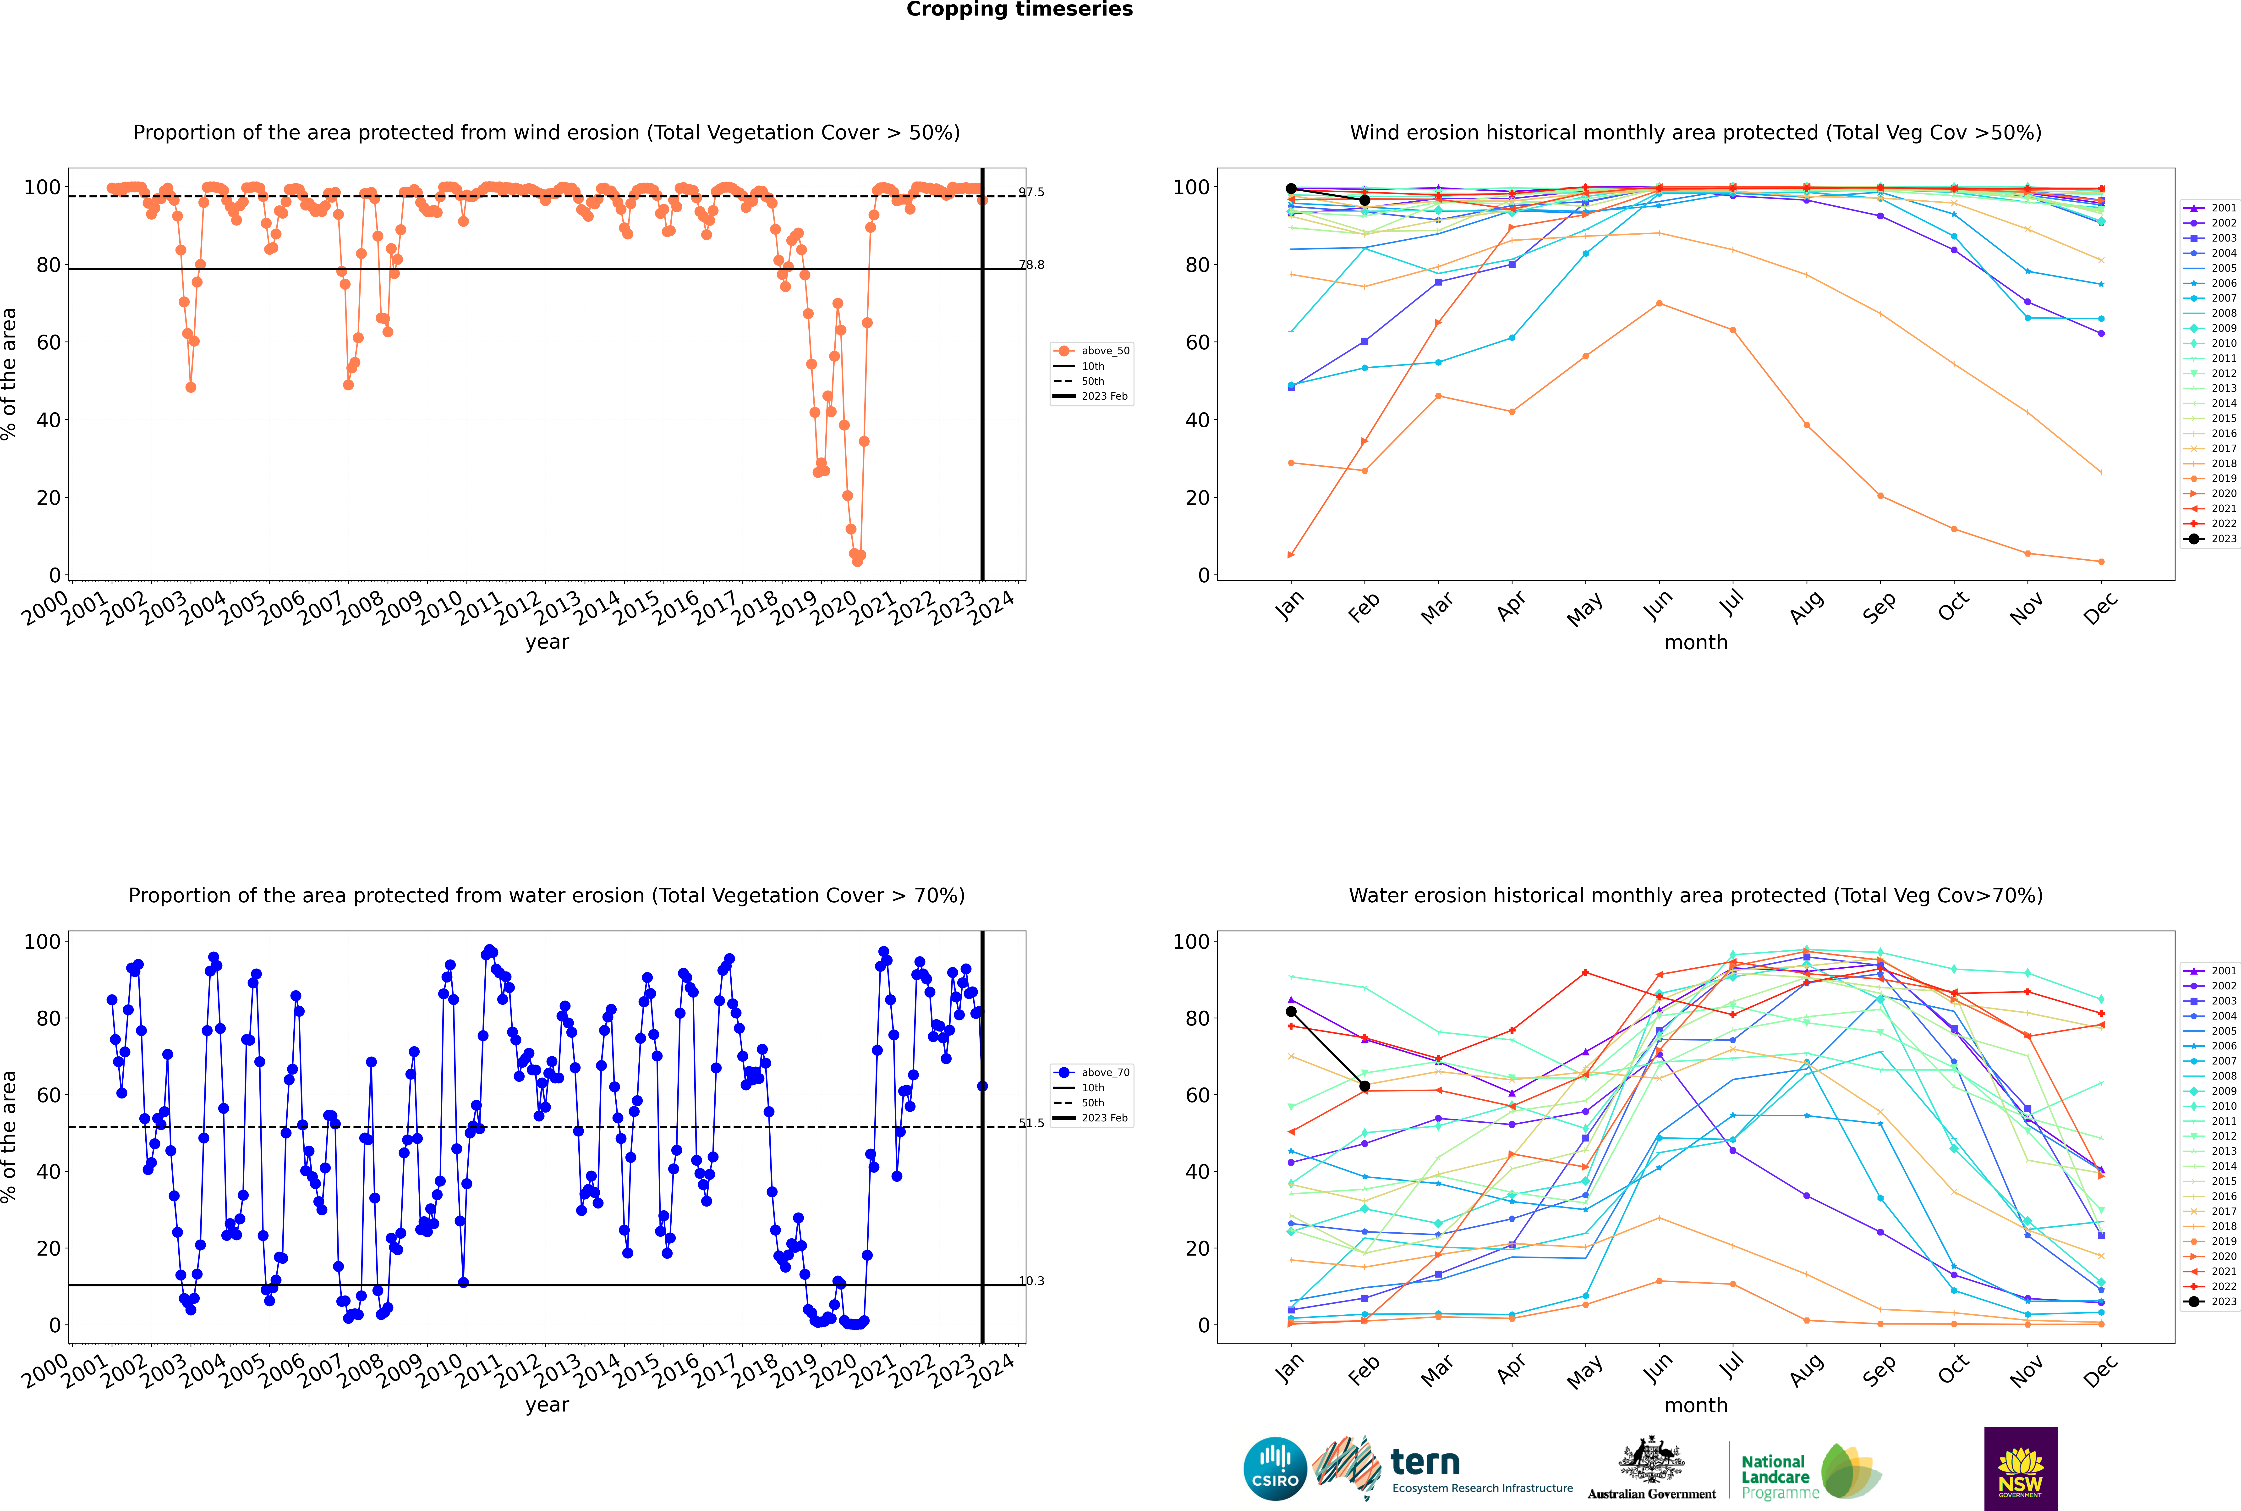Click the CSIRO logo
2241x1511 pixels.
coord(1275,1469)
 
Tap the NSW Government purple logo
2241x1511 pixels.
coord(2020,1468)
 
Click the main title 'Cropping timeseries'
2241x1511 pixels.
coord(1019,10)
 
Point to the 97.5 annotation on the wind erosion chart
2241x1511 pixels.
coord(1031,192)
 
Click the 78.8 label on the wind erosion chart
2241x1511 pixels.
coord(1031,265)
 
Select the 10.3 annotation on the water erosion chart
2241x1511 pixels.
coord(1031,1281)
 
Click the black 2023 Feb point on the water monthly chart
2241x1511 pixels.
coord(1364,1086)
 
